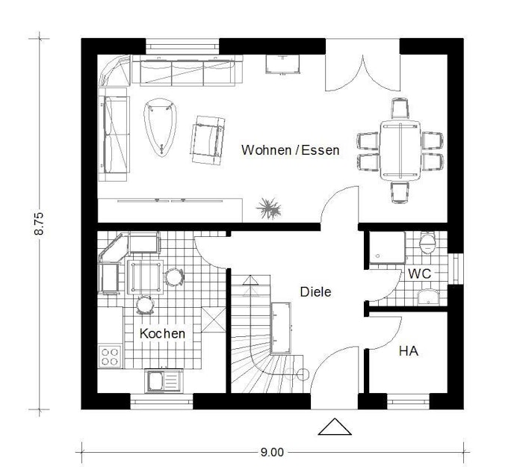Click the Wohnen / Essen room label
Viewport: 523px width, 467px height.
point(290,150)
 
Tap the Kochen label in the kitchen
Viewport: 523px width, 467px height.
point(162,333)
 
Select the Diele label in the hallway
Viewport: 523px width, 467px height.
point(315,292)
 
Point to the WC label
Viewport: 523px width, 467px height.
point(420,274)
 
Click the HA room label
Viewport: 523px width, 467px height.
point(409,351)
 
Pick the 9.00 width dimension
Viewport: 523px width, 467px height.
point(272,452)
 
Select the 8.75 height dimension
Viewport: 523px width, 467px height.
point(39,223)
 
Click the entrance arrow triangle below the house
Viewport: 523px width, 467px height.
point(335,427)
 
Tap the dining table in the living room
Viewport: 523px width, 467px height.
point(400,151)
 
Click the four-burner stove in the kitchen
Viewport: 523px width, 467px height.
point(110,356)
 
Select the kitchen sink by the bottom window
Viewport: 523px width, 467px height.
point(164,381)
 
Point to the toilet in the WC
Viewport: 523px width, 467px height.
point(427,243)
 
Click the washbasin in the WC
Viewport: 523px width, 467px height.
point(429,297)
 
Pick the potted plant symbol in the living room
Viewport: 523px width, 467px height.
point(268,208)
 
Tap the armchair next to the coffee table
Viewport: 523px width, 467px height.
point(208,140)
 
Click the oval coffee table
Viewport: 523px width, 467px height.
point(160,127)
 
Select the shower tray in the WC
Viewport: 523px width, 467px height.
point(387,247)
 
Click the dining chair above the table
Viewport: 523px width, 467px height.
point(400,108)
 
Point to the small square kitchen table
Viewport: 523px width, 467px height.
point(146,277)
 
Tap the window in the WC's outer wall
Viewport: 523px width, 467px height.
point(456,269)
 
